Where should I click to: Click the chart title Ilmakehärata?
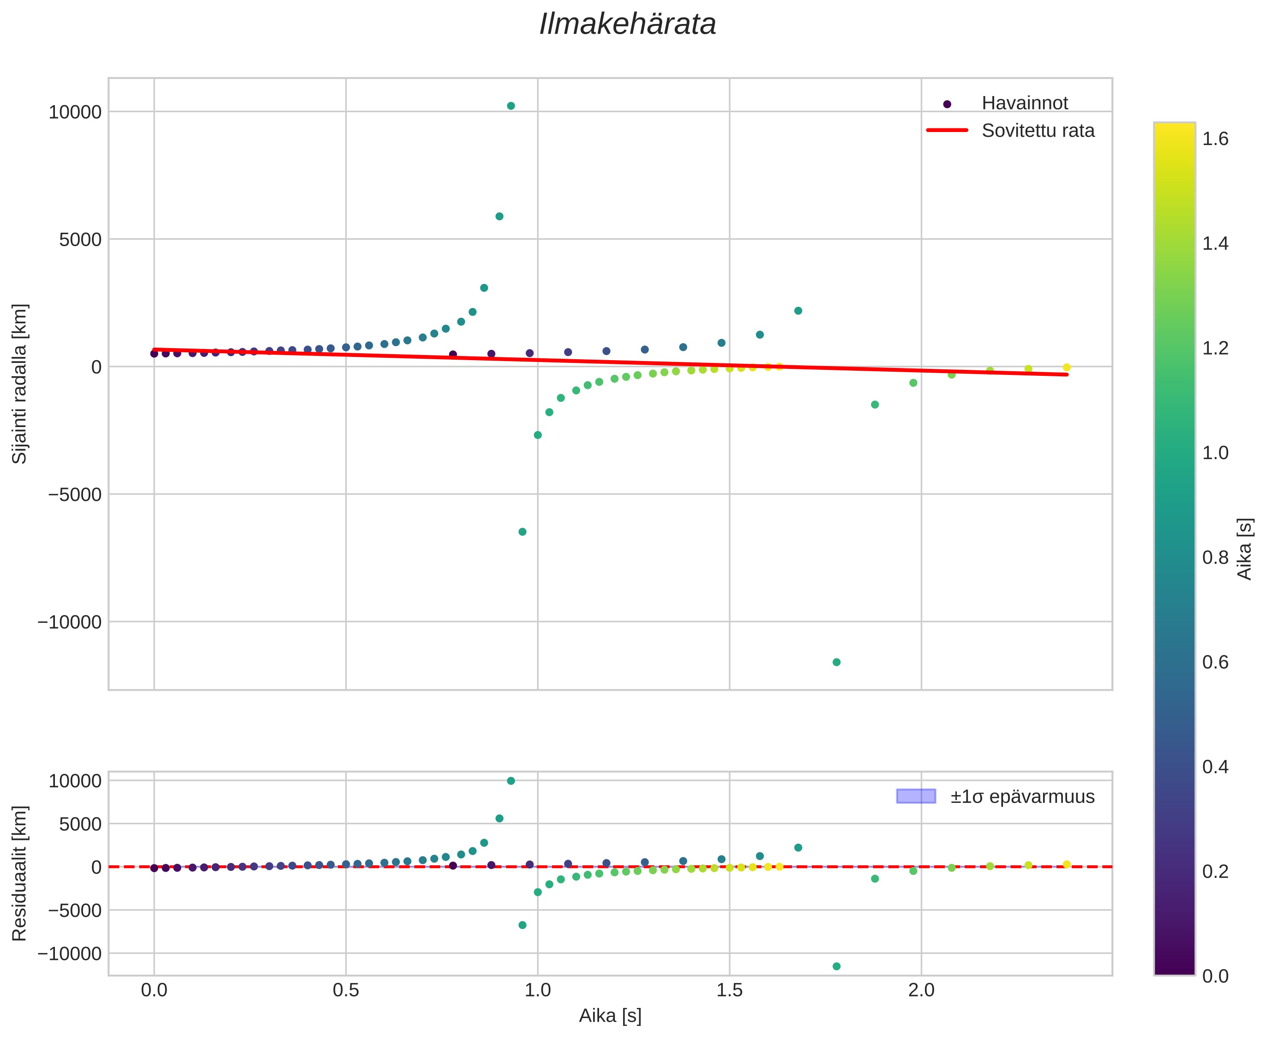628,25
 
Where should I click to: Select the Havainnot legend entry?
1024,103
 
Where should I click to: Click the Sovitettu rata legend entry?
1038,131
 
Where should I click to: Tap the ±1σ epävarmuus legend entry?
1022,797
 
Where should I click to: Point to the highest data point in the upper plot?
510,106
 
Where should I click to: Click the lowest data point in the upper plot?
836,663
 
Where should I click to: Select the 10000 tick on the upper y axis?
75,112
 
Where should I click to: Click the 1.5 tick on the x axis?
729,990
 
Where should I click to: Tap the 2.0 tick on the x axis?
921,990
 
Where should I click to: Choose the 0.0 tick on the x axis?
154,990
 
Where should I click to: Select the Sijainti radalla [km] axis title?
20,384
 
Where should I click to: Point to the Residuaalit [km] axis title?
20,874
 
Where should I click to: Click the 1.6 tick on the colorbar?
1215,139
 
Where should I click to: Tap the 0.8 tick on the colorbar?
1215,558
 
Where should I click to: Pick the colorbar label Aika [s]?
1244,549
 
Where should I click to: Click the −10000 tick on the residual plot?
70,954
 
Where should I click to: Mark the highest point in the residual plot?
510,781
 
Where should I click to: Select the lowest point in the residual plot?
836,966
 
